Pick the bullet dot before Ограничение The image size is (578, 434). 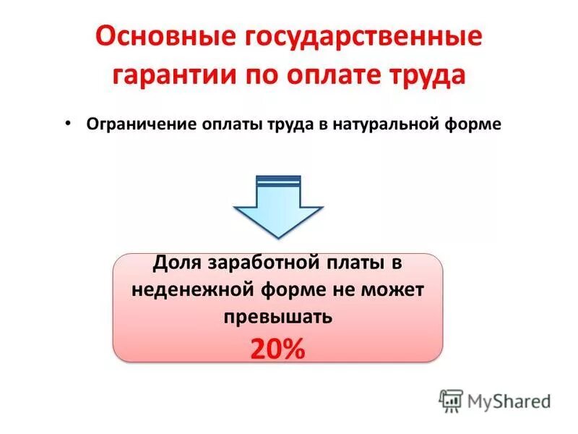(x=67, y=123)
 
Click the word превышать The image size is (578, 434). (x=277, y=316)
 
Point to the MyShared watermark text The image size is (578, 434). (x=509, y=401)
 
